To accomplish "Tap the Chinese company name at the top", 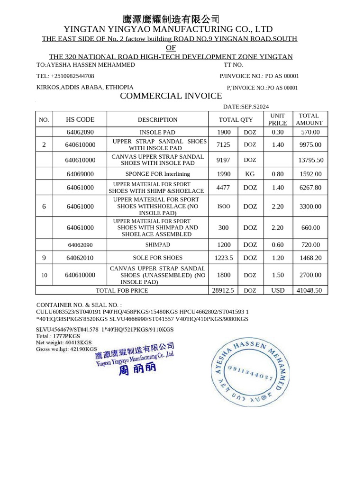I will coord(171,19).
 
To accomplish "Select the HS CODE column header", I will coord(80,120).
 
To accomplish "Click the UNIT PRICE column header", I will coord(278,119).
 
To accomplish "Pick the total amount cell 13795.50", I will coord(310,160).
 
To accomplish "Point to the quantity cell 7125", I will coord(223,144).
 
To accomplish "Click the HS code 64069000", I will coord(80,174).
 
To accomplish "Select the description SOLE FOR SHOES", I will coord(157,258).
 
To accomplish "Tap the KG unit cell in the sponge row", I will coord(250,174).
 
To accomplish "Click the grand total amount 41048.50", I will coord(309,290).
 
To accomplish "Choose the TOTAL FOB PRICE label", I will coord(122,290).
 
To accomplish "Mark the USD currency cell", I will coord(278,290).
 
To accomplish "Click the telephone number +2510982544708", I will coord(65,76).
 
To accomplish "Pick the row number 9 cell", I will coord(44,258).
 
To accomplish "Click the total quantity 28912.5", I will coord(224,290).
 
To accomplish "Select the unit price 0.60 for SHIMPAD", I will coord(278,245).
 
